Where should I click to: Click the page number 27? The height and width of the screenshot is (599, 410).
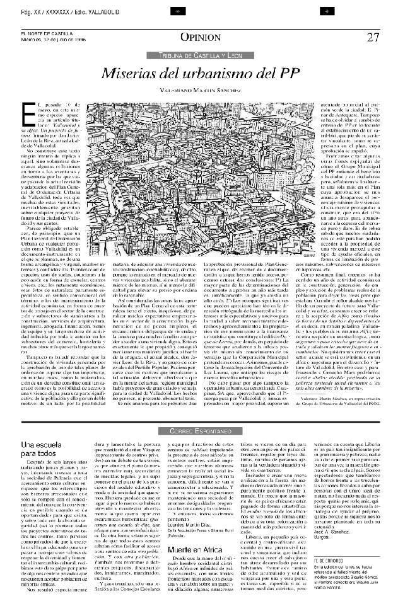point(373,37)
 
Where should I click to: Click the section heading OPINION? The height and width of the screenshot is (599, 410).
point(200,37)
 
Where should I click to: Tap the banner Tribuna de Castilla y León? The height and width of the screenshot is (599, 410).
point(201,56)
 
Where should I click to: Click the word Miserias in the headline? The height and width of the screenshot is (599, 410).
point(130,73)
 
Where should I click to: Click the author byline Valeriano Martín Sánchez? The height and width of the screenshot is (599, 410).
point(200,90)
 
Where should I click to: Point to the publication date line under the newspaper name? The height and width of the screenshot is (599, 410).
point(54,40)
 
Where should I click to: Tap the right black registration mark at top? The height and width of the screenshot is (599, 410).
point(327,11)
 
